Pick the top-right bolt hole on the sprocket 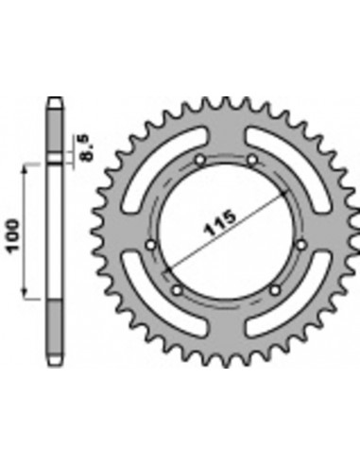[253, 162]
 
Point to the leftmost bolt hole [151, 248]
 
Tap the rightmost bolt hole [300, 246]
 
